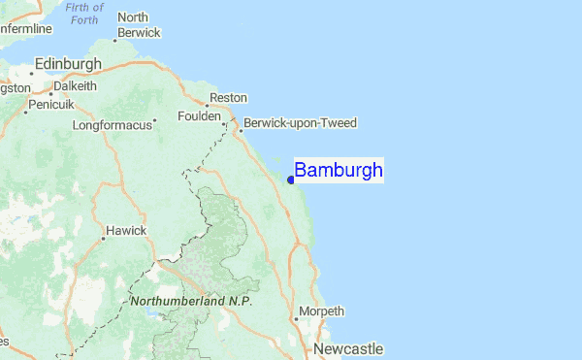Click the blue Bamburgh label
[x=338, y=171]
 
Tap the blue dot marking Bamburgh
[x=291, y=179]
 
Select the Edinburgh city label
[x=67, y=64]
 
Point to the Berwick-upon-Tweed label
[x=301, y=123]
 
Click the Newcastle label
[x=347, y=348]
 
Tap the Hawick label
[x=126, y=230]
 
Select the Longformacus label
[x=113, y=125]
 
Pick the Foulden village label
[x=198, y=116]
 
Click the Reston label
[x=229, y=98]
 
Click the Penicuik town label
[x=49, y=104]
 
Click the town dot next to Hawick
[x=103, y=237]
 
